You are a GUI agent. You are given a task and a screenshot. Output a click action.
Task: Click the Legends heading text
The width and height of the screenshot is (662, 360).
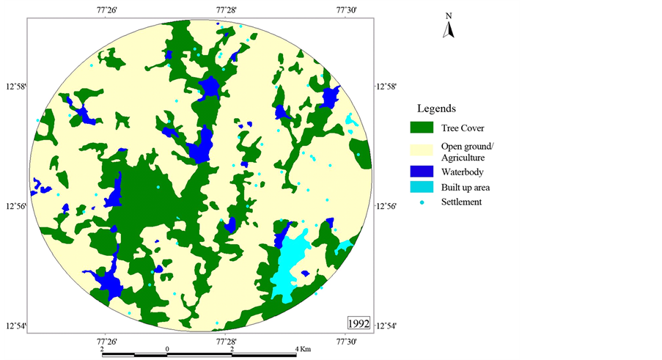[x=437, y=109]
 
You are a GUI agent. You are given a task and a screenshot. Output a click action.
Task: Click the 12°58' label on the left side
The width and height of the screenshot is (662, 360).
[x=15, y=87]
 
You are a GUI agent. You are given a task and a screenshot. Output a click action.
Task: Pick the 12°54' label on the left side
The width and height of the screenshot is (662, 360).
[x=15, y=326]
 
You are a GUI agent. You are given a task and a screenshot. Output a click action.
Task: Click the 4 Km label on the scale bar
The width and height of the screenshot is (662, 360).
[x=302, y=349]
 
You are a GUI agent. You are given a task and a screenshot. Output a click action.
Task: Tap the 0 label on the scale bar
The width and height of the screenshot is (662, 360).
[x=168, y=349]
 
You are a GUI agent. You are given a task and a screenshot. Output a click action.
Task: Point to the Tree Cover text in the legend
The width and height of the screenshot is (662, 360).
[x=463, y=128]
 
